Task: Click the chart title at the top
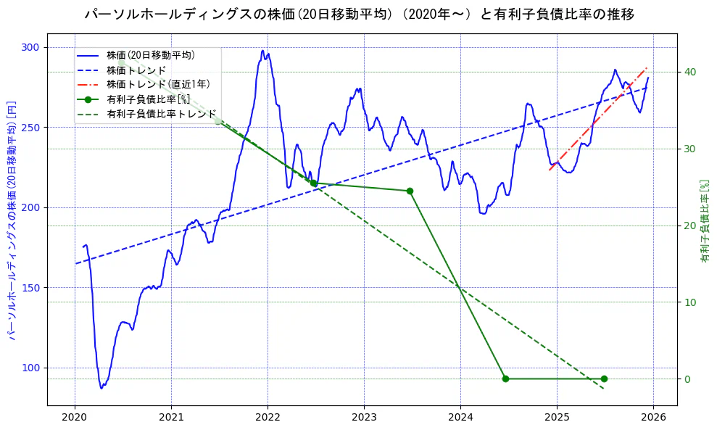(359, 14)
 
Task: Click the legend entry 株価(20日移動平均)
(150, 54)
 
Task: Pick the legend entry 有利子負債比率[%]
(148, 99)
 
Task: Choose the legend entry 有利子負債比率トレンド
(161, 114)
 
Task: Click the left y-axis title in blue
(12, 219)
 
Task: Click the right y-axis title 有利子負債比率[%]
(705, 220)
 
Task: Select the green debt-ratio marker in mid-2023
(410, 191)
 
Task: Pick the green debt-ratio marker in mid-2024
(505, 379)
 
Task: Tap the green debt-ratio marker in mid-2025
(604, 379)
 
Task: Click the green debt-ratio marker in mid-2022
(314, 183)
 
